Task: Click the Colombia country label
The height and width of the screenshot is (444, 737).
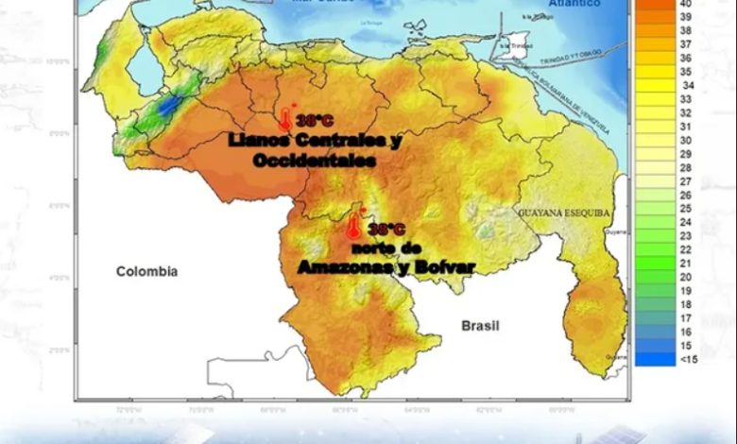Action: [x=146, y=272]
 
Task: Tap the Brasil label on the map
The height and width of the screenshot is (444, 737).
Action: [x=480, y=326]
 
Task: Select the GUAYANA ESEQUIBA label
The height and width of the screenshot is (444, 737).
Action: [x=563, y=213]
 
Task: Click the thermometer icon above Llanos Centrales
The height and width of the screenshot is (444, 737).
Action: [x=284, y=118]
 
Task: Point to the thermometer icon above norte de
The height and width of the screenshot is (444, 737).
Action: [x=354, y=225]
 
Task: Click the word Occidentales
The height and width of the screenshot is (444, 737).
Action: [x=315, y=161]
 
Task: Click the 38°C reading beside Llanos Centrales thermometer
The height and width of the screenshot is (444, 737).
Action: [x=315, y=122]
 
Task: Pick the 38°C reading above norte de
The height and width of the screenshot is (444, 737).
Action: [x=386, y=230]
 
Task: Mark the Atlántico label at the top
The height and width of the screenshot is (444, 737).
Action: [x=574, y=4]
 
